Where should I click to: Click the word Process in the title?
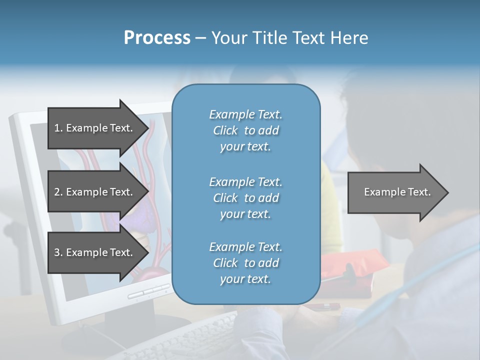(157, 38)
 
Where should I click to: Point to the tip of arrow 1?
(147, 128)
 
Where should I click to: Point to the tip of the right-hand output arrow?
(447, 192)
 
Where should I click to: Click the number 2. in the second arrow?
(58, 192)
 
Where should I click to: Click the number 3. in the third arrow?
(58, 252)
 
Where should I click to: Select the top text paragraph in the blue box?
(245, 130)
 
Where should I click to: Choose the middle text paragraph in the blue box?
(245, 198)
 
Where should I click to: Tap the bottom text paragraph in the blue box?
(245, 263)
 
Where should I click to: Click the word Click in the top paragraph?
(225, 131)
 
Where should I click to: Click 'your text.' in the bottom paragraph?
(245, 279)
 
